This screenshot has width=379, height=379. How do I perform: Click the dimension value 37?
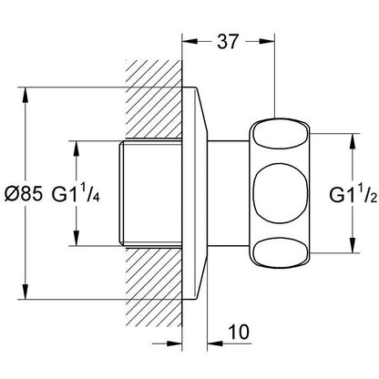click(x=228, y=41)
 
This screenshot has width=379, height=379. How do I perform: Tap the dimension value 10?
click(x=240, y=332)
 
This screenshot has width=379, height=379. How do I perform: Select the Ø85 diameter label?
click(x=24, y=193)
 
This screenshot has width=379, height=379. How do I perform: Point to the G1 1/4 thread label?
click(x=76, y=193)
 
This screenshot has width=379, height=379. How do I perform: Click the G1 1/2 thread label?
click(x=353, y=194)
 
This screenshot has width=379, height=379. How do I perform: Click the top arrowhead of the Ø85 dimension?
click(x=26, y=96)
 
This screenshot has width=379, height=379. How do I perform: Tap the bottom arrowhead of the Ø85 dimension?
click(x=26, y=292)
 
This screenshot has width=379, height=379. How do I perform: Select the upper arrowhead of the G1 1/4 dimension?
click(x=77, y=149)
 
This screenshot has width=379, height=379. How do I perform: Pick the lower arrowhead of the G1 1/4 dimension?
click(x=77, y=238)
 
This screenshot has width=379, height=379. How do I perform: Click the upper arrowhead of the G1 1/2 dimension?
click(x=353, y=141)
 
